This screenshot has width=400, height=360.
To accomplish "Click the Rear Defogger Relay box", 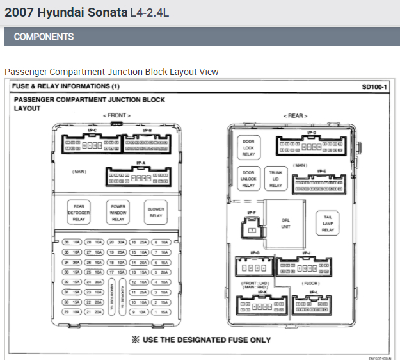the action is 79,212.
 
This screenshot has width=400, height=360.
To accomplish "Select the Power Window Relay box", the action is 118,212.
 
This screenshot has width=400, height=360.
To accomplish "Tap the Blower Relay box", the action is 156,211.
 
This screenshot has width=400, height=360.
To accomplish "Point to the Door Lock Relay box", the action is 248,147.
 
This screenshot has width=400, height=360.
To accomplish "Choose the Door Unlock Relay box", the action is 248,179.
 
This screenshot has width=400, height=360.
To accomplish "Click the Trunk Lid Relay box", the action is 275,179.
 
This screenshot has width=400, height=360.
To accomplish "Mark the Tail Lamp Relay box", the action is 328,222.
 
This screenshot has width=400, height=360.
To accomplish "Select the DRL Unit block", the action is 286,222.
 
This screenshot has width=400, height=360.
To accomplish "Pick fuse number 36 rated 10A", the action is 70,242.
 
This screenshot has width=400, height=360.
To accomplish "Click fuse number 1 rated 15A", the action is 161,312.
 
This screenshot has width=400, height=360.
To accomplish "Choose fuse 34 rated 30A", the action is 70,262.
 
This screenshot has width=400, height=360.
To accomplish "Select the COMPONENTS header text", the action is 44,37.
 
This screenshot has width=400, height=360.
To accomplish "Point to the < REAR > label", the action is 295,116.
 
